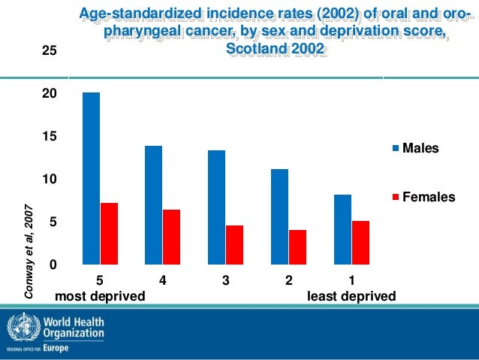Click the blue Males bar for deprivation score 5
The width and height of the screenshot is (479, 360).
[91, 178]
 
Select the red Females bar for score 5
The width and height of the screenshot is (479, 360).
[109, 234]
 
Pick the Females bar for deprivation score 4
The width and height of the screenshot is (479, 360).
[171, 237]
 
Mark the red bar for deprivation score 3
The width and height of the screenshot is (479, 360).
[234, 245]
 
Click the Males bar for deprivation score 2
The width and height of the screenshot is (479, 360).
[279, 216]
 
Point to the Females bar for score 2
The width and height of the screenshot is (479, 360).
[297, 247]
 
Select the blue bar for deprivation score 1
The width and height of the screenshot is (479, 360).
[342, 229]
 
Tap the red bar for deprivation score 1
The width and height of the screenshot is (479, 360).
[360, 243]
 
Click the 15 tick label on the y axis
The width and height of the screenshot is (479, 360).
[49, 137]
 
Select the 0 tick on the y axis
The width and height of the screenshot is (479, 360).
[53, 265]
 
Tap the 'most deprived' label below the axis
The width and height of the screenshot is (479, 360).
[101, 296]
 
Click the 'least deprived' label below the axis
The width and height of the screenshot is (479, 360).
[351, 296]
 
